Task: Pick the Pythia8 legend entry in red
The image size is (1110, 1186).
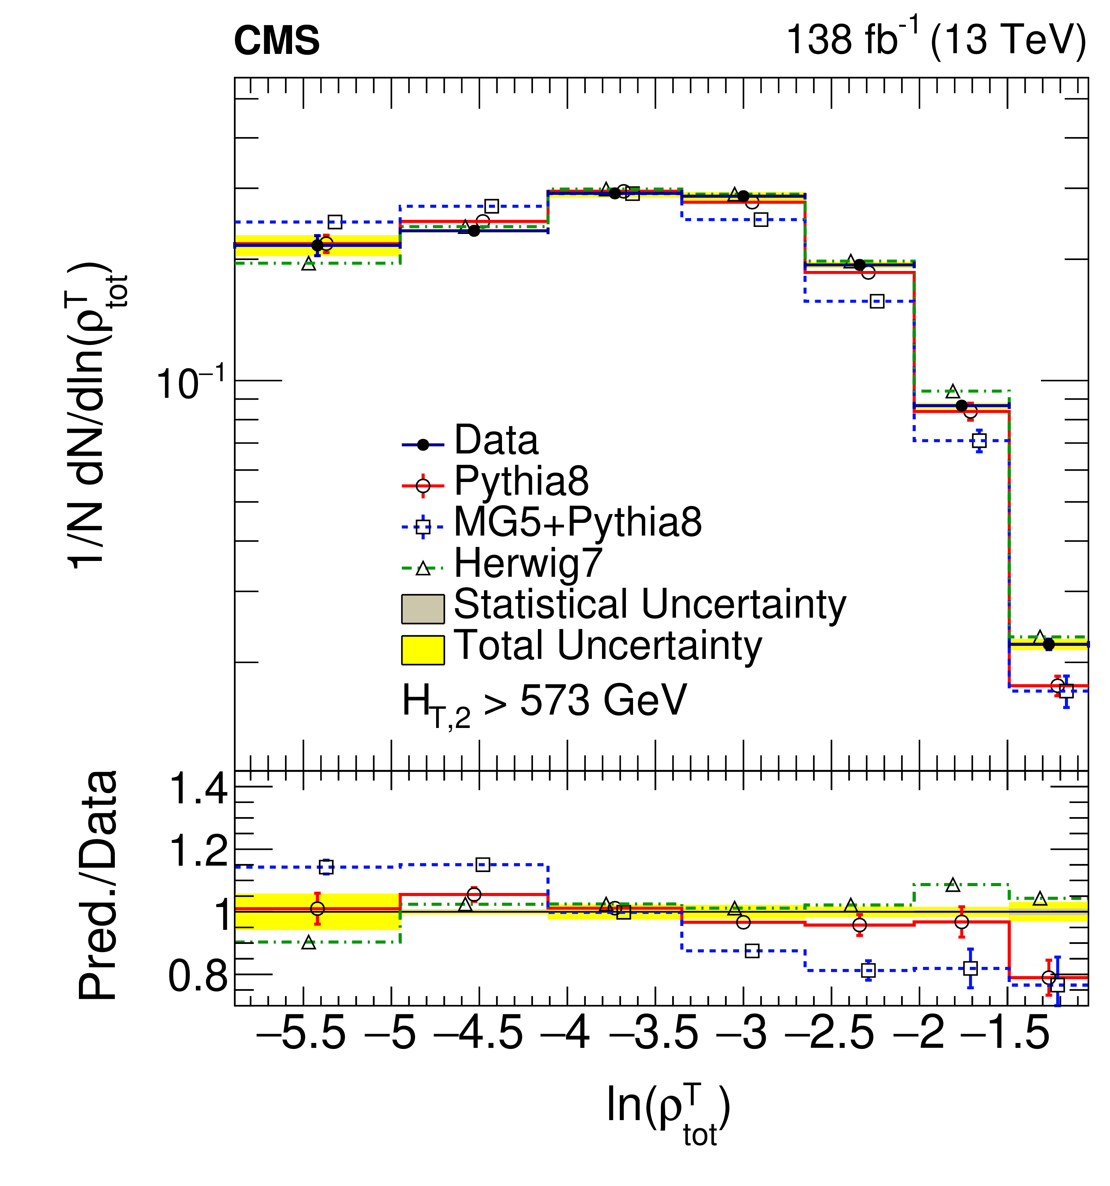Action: tap(521, 481)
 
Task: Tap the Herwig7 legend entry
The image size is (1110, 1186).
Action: tap(527, 563)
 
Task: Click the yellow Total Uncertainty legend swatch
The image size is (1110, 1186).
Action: tap(422, 650)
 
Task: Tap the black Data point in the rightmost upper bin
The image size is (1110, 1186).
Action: tap(1049, 644)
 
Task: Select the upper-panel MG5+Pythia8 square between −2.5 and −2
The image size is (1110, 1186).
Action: tap(876, 301)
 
